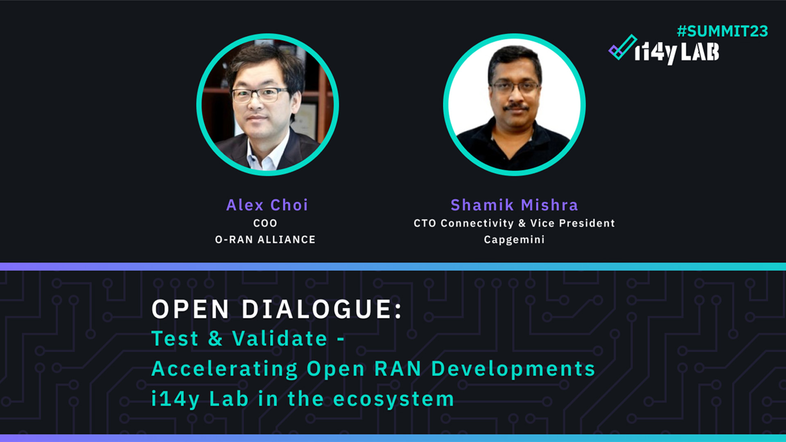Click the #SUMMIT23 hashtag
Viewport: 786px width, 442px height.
click(x=722, y=32)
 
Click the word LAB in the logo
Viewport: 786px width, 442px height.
click(x=700, y=53)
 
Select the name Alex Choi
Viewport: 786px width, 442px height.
click(x=267, y=205)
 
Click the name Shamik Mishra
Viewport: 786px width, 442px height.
click(x=514, y=205)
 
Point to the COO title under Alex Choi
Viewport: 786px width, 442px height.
click(x=265, y=223)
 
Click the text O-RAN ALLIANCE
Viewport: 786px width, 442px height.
click(x=265, y=240)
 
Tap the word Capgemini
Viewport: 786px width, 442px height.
click(x=514, y=240)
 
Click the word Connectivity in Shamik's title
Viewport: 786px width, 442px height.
click(x=477, y=223)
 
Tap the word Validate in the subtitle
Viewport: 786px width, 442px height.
click(x=280, y=339)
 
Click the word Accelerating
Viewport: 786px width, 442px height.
click(x=224, y=369)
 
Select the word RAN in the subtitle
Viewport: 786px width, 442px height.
click(x=398, y=369)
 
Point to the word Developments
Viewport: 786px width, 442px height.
click(x=513, y=369)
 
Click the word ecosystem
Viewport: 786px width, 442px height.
click(x=393, y=399)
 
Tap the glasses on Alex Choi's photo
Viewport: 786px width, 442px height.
click(x=260, y=95)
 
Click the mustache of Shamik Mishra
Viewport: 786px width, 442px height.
click(x=516, y=107)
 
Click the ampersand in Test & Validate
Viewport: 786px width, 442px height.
click(x=215, y=339)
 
